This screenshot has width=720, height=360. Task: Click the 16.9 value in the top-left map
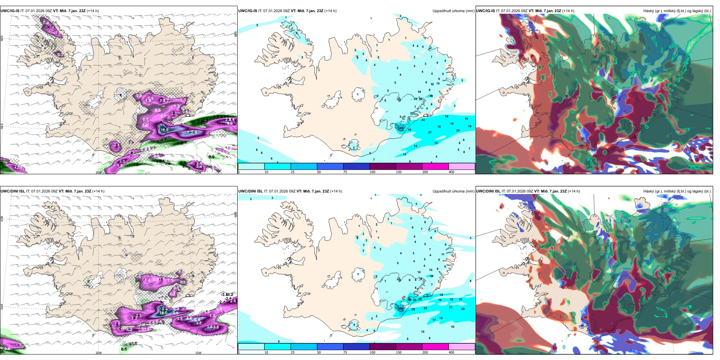click(x=164, y=130)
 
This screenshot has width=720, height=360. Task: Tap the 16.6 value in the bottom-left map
click(x=163, y=313)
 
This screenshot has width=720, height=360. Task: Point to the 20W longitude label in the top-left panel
click(x=99, y=172)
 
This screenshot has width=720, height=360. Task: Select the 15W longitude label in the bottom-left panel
click(x=198, y=353)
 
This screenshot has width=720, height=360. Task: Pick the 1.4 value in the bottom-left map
click(x=148, y=280)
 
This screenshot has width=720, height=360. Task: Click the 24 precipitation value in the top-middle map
click(x=458, y=130)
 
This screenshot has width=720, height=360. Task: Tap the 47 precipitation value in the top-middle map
click(x=401, y=128)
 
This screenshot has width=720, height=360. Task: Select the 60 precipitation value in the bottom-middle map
click(x=401, y=308)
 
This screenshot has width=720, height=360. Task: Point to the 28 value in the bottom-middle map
click(x=413, y=310)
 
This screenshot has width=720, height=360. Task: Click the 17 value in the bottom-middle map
click(x=434, y=320)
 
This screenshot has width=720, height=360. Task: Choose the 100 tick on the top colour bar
click(x=373, y=172)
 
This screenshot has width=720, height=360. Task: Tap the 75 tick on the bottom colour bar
click(x=345, y=352)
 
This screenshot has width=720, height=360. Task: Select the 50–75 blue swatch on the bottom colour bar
click(x=330, y=347)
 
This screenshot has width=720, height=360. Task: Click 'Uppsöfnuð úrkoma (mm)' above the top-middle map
click(x=453, y=11)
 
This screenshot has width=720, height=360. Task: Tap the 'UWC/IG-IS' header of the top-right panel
click(x=485, y=11)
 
